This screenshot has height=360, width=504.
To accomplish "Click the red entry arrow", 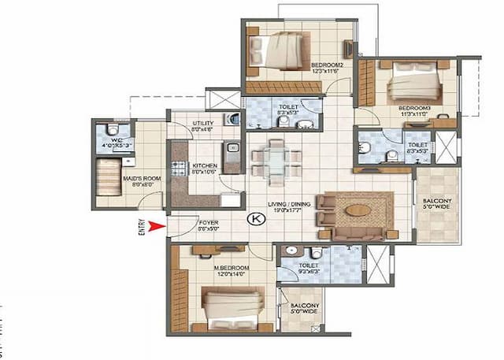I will pyautogui.click(x=157, y=228).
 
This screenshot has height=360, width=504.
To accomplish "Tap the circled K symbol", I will pyautogui.click(x=254, y=220).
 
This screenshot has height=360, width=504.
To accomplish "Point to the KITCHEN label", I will pyautogui.click(x=205, y=166).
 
